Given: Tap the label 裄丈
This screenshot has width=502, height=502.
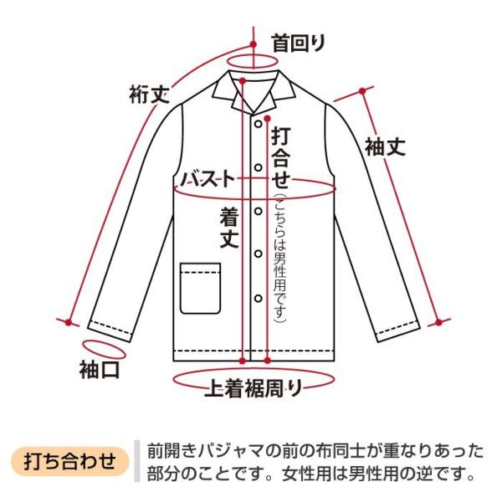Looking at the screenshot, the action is (x=150, y=93).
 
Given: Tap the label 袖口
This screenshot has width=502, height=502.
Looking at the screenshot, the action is (x=100, y=369).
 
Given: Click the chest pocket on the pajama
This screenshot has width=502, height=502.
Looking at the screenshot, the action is (x=201, y=287).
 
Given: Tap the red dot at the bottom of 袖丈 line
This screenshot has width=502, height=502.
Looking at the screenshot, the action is (x=436, y=321).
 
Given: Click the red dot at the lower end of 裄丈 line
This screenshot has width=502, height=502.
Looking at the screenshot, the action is (x=67, y=320).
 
